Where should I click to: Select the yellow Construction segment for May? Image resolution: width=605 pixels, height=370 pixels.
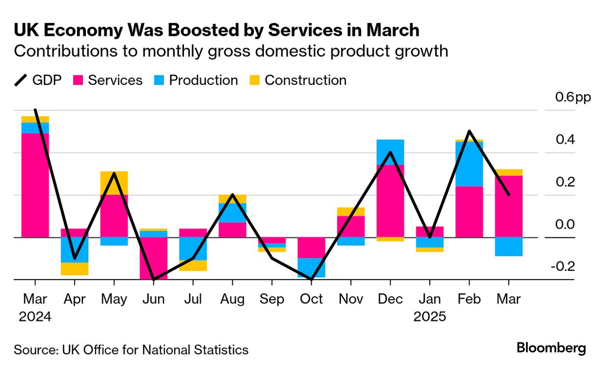tap(114, 183)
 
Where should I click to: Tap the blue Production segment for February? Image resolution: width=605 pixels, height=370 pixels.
tap(469, 164)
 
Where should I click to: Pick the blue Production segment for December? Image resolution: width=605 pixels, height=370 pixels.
tap(390, 152)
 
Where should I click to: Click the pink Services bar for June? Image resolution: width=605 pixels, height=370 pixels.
tap(153, 258)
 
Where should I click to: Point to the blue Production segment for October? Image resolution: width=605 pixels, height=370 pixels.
tap(311, 267)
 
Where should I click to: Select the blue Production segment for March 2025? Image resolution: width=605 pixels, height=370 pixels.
tap(508, 246)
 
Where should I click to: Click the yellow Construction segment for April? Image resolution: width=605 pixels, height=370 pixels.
tap(75, 268)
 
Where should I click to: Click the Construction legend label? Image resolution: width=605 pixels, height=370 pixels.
tap(305, 80)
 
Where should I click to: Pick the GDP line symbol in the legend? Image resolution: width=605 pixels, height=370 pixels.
tap(21, 80)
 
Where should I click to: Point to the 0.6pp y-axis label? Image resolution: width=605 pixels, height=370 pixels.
tap(573, 97)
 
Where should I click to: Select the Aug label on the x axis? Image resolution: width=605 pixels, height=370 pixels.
tap(232, 299)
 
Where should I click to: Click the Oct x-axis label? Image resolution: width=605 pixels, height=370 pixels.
tap(311, 299)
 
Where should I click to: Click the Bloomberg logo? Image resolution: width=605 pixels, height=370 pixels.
tap(551, 348)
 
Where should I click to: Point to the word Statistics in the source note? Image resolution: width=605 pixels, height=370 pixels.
tap(223, 350)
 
